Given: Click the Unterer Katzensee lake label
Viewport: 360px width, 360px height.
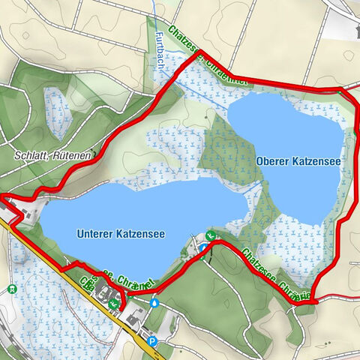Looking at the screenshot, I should pyautogui.click(x=120, y=234).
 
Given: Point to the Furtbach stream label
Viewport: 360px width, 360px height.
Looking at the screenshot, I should pyautogui.click(x=160, y=52).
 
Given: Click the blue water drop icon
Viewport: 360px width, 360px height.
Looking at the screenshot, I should pyautogui.click(x=154, y=304).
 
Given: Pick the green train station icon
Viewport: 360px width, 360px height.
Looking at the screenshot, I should pyautogui.click(x=11, y=289).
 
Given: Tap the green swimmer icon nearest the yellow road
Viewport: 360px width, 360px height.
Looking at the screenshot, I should pyautogui.click(x=112, y=304).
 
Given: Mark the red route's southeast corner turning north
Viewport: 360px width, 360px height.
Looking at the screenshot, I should pyautogui.click(x=315, y=301).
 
